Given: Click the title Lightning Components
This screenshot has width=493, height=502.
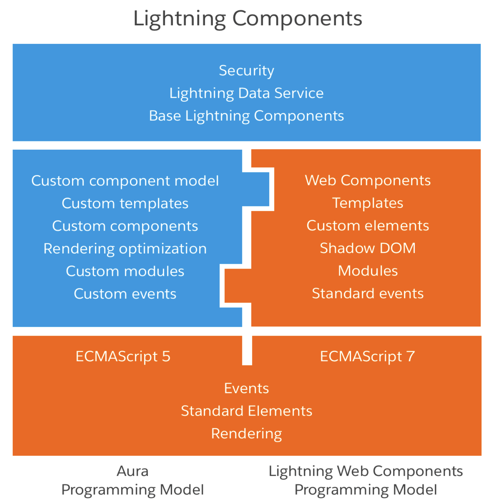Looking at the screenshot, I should tap(248, 18).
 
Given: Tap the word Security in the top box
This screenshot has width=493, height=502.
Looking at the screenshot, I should tap(246, 71).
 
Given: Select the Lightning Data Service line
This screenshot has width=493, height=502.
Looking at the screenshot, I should tap(246, 93).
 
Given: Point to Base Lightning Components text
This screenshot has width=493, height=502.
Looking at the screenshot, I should tap(246, 116).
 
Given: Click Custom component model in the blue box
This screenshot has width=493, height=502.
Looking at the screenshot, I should tap(125, 181).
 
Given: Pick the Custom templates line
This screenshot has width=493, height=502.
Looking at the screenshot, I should tap(125, 203).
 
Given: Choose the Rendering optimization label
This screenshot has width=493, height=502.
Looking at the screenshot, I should tap(125, 249).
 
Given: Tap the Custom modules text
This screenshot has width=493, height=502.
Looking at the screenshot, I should tap(125, 271).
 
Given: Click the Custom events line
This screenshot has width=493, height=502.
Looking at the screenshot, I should tap(125, 294).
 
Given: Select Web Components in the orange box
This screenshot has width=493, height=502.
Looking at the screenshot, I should tap(368, 180).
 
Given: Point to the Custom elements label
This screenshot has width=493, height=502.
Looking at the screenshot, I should tap(368, 226).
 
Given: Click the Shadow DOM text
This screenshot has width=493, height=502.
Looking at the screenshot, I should tap(368, 248).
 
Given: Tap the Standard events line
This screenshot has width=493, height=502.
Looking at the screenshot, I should tap(368, 294).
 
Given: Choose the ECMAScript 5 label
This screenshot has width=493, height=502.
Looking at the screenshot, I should tap(123, 356).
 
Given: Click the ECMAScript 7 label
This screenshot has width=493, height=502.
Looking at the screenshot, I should tap(367, 356).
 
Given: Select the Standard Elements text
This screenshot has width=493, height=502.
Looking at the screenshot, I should tap(246, 411).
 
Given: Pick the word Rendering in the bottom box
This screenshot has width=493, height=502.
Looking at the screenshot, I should tap(246, 434).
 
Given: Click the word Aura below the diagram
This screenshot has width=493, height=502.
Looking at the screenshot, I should tap(132, 471).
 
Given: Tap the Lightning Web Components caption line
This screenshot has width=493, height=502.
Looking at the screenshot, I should tap(365, 471).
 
